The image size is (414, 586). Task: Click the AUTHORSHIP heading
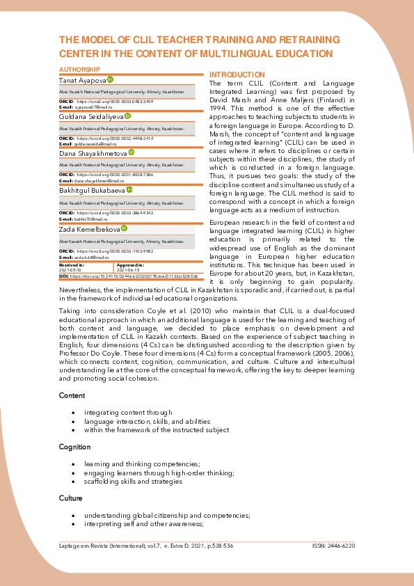80,70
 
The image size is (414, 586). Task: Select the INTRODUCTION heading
237,74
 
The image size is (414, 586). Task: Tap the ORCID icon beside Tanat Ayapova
110,81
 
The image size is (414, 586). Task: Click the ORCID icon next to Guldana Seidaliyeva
127,116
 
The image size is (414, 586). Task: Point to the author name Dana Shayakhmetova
93,152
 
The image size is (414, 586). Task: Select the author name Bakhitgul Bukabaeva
92,190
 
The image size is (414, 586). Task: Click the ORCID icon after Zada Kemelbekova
125,228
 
